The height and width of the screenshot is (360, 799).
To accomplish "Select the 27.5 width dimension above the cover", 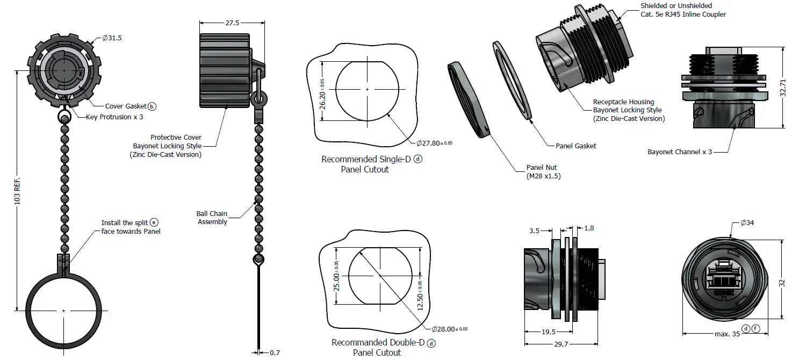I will click(x=232, y=23).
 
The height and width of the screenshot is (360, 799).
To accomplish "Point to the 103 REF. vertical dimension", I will click(x=17, y=190).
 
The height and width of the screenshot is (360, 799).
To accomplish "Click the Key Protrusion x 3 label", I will click(x=114, y=117).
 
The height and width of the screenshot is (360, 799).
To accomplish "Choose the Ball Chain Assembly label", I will click(x=212, y=218).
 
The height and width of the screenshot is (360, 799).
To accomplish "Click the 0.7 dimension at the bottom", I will click(x=275, y=352).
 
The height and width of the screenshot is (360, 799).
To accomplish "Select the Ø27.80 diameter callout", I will click(x=434, y=143).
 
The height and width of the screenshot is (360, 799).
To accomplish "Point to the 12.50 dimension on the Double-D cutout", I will click(x=420, y=295).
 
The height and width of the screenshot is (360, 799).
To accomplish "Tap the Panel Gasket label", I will click(x=576, y=146).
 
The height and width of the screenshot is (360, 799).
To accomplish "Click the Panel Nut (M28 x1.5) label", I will click(x=543, y=171).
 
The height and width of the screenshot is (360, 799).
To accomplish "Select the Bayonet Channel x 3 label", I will click(x=680, y=152).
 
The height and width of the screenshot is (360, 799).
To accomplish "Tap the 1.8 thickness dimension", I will click(x=589, y=228).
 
